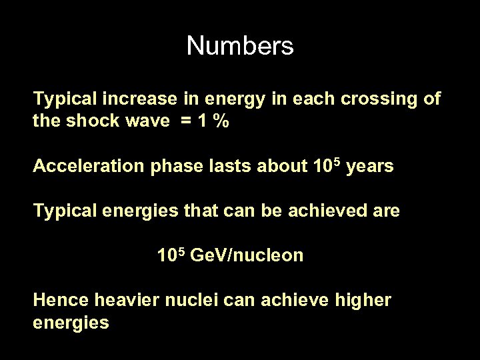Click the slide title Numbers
click(x=239, y=46)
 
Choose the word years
click(x=370, y=167)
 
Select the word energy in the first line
click(x=231, y=100)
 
